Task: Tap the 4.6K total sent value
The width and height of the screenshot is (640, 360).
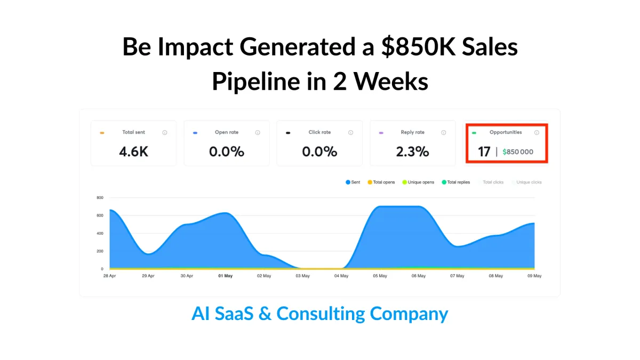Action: [133, 151]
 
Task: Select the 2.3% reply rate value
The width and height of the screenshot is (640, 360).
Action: [412, 151]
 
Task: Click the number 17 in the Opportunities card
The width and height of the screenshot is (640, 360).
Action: [484, 151]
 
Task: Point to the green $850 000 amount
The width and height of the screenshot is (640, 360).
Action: [517, 152]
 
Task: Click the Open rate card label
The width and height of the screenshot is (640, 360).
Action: [227, 132]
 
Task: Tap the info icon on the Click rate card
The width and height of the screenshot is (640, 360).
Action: [350, 132]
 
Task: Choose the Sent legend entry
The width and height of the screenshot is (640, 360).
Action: [353, 182]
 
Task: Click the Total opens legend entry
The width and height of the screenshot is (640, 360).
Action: [381, 182]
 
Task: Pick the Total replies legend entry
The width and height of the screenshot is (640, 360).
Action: [455, 182]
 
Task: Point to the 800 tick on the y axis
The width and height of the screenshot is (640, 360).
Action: [100, 197]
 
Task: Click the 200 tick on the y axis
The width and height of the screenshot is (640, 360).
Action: [100, 251]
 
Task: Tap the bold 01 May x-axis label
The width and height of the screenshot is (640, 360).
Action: [225, 276]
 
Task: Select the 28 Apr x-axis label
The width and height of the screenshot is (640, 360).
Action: [109, 276]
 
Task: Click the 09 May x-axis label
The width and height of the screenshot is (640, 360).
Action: [534, 276]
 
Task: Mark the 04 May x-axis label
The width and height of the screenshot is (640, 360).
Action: [341, 276]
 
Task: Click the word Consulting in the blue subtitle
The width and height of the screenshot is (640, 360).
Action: [320, 314]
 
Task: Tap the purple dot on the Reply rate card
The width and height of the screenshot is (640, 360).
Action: [381, 133]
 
